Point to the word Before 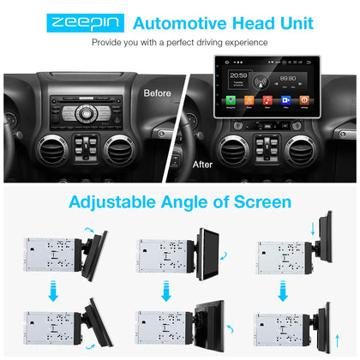(x=157, y=92)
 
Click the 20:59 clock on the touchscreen (x=239, y=75)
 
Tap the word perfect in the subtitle (x=183, y=42)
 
